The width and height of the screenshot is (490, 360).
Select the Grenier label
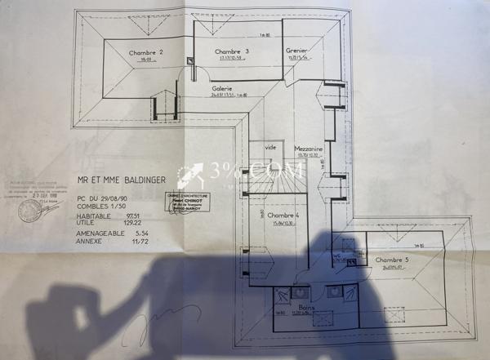tap(296, 51)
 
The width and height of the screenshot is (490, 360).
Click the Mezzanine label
tap(310, 149)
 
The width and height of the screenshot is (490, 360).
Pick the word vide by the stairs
tap(269, 147)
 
